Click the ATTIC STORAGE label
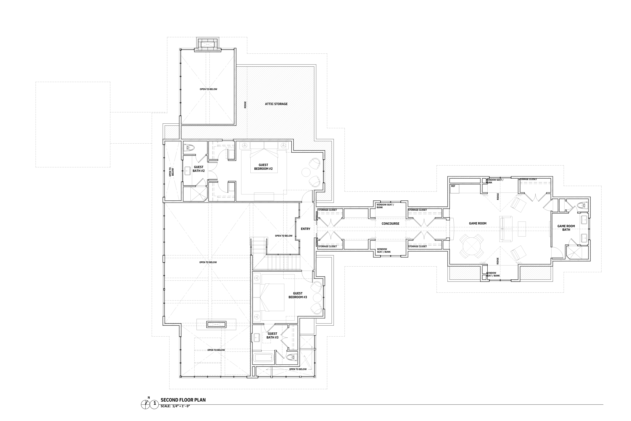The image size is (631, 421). pos(276,104)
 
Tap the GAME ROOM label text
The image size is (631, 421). pos(478,223)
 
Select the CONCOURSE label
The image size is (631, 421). pos(390,224)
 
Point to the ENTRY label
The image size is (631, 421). pos(305,229)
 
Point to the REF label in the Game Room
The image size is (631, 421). pos(453,186)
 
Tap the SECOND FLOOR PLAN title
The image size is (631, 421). pos(183,407)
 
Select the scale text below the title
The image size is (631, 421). pos(175,414)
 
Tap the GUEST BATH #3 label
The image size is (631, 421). pos(272,336)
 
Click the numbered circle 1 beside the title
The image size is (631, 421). pos(154,411)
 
